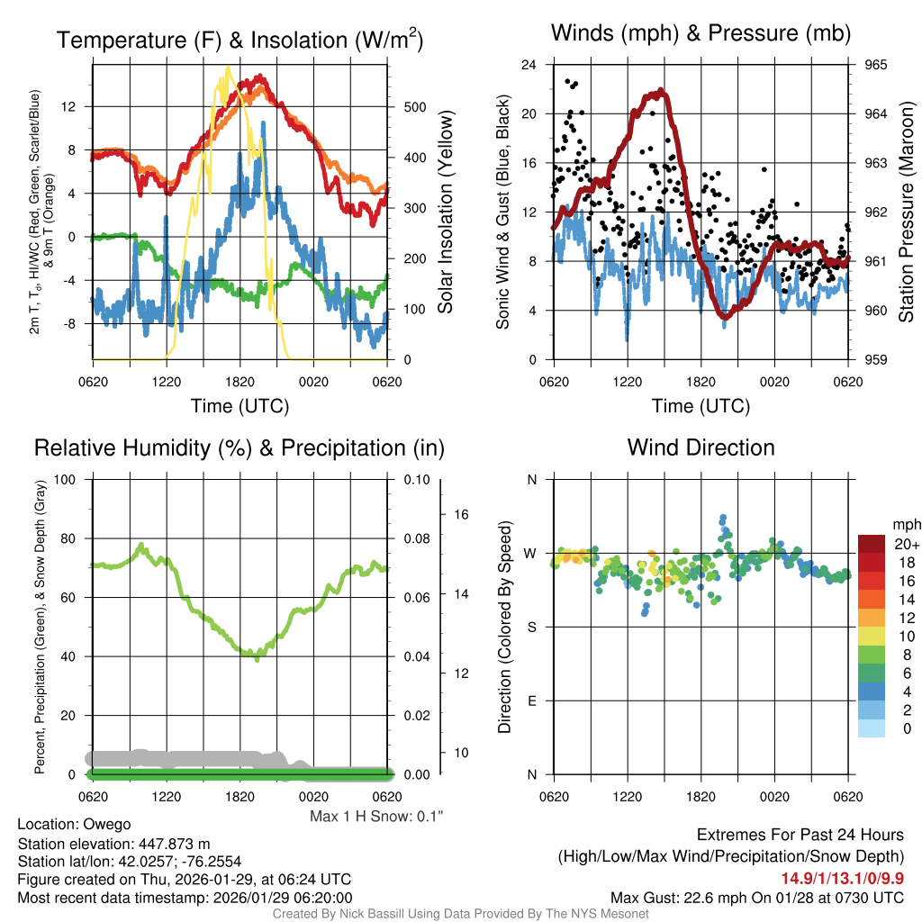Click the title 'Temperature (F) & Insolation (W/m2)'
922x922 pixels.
click(240, 40)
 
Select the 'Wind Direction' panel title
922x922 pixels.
click(701, 447)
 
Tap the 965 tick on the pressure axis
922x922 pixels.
click(876, 65)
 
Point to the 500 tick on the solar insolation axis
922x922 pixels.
click(413, 107)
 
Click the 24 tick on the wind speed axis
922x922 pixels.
click(529, 65)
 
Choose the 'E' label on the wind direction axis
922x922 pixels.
click(531, 701)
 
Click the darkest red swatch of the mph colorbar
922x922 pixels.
click(872, 544)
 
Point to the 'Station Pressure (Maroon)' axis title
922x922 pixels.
click(906, 212)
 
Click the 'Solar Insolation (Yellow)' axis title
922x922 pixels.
click(446, 212)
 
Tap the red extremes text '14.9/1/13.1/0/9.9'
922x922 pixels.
click(842, 878)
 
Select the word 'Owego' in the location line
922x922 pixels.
click(107, 824)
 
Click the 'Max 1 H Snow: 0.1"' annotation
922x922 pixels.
click(376, 816)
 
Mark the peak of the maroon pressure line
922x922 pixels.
click(662, 90)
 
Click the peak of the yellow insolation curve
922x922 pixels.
click(228, 68)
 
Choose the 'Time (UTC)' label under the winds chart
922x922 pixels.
click(701, 406)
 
